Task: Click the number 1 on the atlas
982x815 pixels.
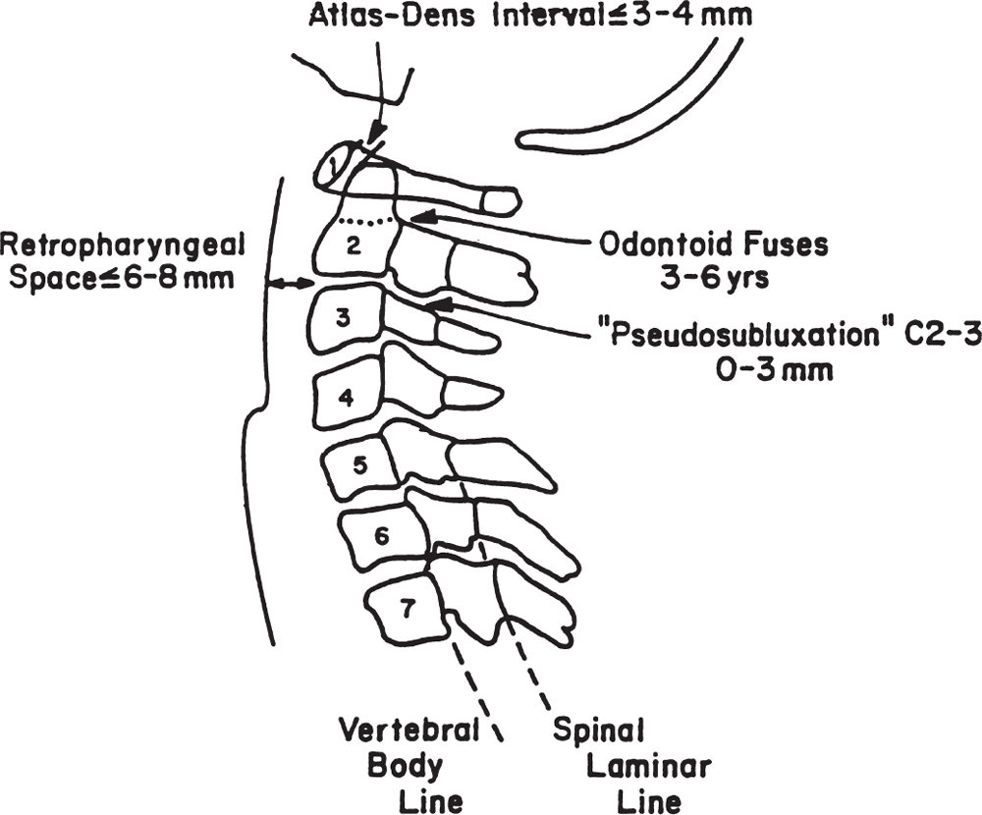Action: (337, 161)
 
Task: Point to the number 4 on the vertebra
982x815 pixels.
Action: (346, 397)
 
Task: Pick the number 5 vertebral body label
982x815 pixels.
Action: (359, 465)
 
